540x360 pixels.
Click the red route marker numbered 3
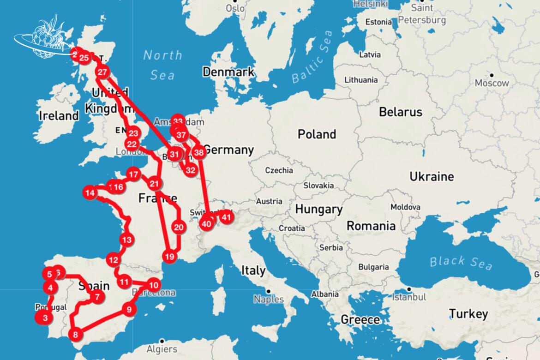[x=44, y=318]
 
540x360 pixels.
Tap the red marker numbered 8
[x=76, y=334]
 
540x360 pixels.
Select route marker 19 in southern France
[x=169, y=257]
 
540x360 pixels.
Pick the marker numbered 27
[x=102, y=72]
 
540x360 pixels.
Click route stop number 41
[x=226, y=216]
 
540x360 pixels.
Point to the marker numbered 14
[x=90, y=192]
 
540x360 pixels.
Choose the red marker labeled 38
[x=198, y=152]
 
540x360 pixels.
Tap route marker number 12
[x=113, y=260]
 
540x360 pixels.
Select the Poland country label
[x=316, y=134]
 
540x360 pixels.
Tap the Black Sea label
[x=461, y=262]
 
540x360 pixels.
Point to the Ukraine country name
[x=432, y=176]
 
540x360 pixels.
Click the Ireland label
[x=59, y=115]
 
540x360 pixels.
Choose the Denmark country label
[x=228, y=72]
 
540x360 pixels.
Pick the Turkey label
[x=468, y=314]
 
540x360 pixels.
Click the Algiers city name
[x=162, y=349]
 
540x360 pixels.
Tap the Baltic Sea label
[x=312, y=57]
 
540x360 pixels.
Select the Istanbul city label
[x=408, y=297]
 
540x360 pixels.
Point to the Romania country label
[x=371, y=226]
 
